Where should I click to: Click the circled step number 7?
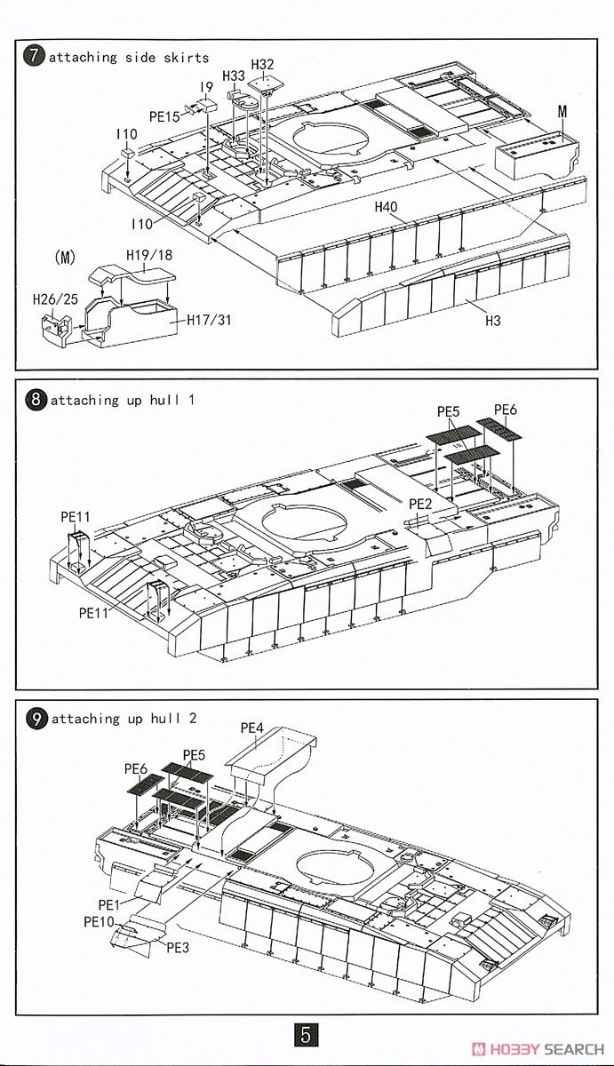pyautogui.click(x=34, y=57)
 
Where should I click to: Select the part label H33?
pyautogui.click(x=234, y=76)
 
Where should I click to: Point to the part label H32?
pyautogui.click(x=263, y=64)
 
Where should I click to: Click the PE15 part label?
pyautogui.click(x=165, y=116)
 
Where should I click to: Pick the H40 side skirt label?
pyautogui.click(x=386, y=207)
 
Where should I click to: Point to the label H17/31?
pyautogui.click(x=209, y=320)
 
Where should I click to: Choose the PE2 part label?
pyautogui.click(x=420, y=504)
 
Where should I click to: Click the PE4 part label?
pyautogui.click(x=252, y=728)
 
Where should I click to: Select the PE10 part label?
pyautogui.click(x=100, y=922)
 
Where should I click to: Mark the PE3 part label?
pyautogui.click(x=179, y=947)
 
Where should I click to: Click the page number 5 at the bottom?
pyautogui.click(x=306, y=1035)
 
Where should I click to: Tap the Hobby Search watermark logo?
pyautogui.click(x=538, y=1048)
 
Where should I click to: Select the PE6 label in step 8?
pyautogui.click(x=505, y=410)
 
